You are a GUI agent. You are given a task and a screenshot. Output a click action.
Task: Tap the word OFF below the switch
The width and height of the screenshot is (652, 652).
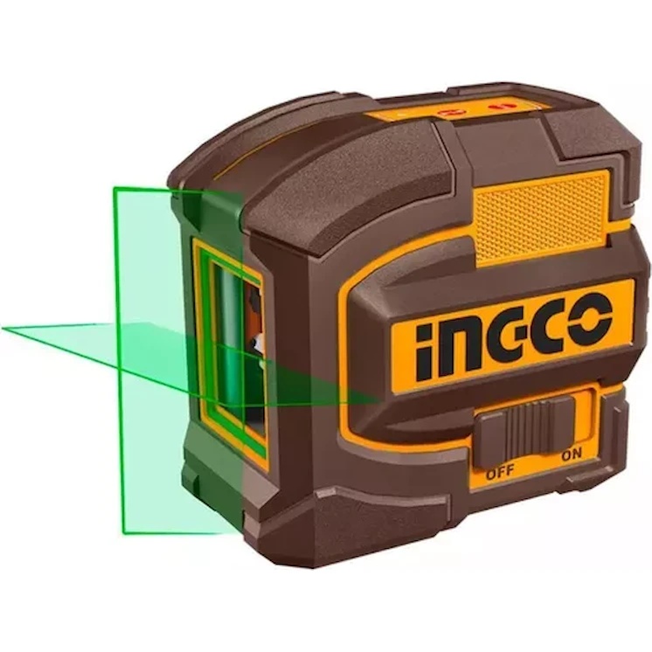click(501, 472)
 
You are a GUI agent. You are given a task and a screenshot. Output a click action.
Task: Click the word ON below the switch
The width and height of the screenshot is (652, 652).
click(572, 454)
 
